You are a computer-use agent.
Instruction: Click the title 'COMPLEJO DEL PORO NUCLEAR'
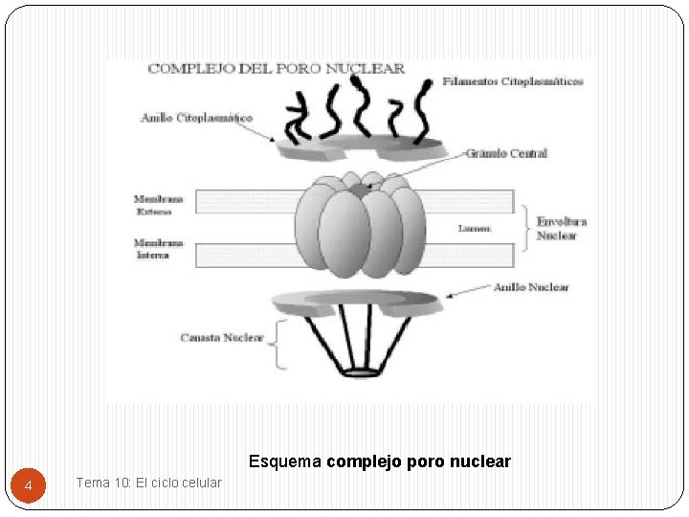[276, 69]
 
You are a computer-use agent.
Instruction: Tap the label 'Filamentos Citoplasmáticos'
[513, 82]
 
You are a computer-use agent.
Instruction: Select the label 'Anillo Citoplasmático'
[196, 118]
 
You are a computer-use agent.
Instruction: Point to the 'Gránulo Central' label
[506, 153]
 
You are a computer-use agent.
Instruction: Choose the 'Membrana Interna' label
[152, 249]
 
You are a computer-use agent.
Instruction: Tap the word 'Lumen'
[475, 228]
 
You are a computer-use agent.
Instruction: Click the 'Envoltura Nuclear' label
[561, 228]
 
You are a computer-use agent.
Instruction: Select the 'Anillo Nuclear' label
[530, 287]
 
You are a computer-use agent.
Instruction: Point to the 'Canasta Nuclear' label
[221, 338]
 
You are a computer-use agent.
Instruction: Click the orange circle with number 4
[29, 486]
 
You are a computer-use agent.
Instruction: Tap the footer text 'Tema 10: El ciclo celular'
[148, 483]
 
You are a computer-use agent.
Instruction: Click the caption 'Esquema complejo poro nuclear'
[380, 461]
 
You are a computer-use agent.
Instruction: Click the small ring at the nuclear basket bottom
[361, 371]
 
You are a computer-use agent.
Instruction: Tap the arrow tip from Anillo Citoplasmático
[276, 141]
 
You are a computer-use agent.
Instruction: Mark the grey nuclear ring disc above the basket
[356, 303]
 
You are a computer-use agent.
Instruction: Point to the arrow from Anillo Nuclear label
[463, 292]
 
